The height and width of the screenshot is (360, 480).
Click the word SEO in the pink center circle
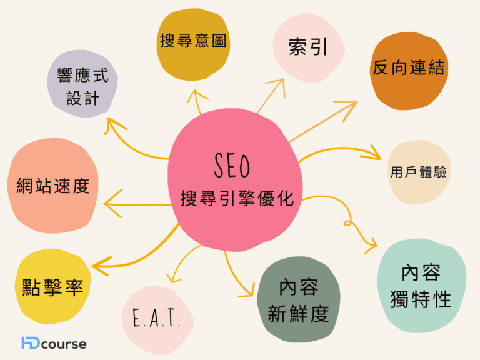click(232, 165)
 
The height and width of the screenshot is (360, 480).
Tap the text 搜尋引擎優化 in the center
click(237, 198)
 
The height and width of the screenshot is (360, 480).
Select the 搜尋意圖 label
click(193, 41)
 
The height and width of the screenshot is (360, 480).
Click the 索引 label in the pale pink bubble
click(308, 47)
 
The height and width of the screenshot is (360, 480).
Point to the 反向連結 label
click(408, 67)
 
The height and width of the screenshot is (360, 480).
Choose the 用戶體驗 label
click(418, 172)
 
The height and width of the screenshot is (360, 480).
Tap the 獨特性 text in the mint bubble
click(420, 299)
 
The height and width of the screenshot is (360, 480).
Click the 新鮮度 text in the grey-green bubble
click(298, 314)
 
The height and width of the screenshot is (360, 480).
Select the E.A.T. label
click(156, 317)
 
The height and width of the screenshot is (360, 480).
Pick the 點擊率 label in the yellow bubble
click(52, 287)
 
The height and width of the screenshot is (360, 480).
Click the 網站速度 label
click(52, 186)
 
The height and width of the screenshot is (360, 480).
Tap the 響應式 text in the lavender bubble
click(82, 75)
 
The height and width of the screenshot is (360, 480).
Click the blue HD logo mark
click(30, 342)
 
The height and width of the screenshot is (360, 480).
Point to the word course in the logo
click(64, 344)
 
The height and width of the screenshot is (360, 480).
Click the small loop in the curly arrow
click(347, 222)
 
